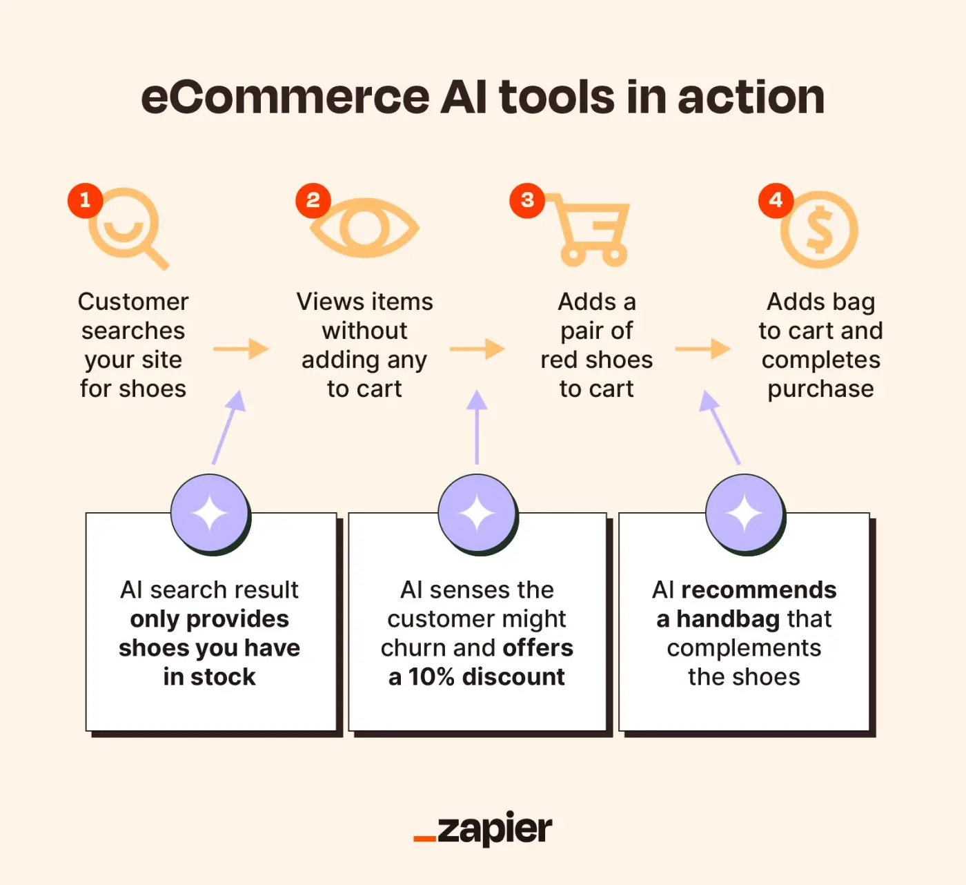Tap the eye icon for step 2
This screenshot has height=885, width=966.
[x=364, y=228]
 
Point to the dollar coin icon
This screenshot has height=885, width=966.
[x=819, y=230]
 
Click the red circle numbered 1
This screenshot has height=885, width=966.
[x=85, y=200]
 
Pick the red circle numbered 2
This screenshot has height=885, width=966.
[x=313, y=200]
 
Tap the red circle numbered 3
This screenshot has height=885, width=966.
[x=527, y=200]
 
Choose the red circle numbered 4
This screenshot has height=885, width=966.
[x=776, y=200]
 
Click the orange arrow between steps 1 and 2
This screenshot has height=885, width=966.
[x=240, y=349]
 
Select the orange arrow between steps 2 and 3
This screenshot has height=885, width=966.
[x=477, y=349]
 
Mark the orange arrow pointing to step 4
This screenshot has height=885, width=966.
[x=702, y=349]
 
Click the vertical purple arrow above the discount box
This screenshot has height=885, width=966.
[x=477, y=428]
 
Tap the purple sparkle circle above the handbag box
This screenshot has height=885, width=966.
[x=745, y=514]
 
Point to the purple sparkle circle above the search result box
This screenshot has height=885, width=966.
[x=210, y=514]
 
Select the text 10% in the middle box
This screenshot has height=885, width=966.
[x=431, y=677]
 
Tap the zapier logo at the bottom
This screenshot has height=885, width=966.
[x=483, y=829]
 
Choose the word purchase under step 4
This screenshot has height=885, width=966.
[x=820, y=389]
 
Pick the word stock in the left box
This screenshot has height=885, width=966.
[x=223, y=677]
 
